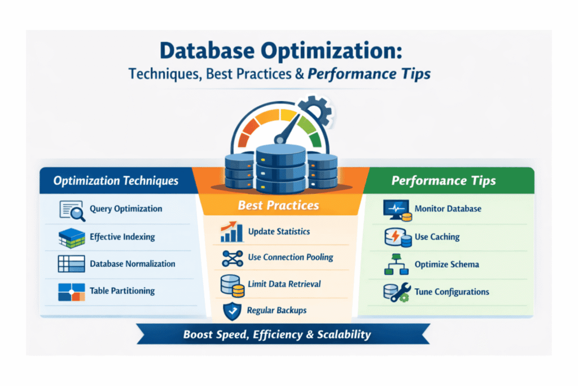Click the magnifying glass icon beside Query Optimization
click(72, 210)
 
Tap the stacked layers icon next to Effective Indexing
click(72, 237)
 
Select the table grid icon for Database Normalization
click(72, 264)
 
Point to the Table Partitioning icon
click(72, 291)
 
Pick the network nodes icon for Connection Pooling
click(231, 258)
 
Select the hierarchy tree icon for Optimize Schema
click(396, 264)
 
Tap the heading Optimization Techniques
click(116, 181)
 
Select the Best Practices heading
click(278, 205)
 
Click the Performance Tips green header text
click(444, 181)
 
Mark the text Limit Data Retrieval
click(285, 284)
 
